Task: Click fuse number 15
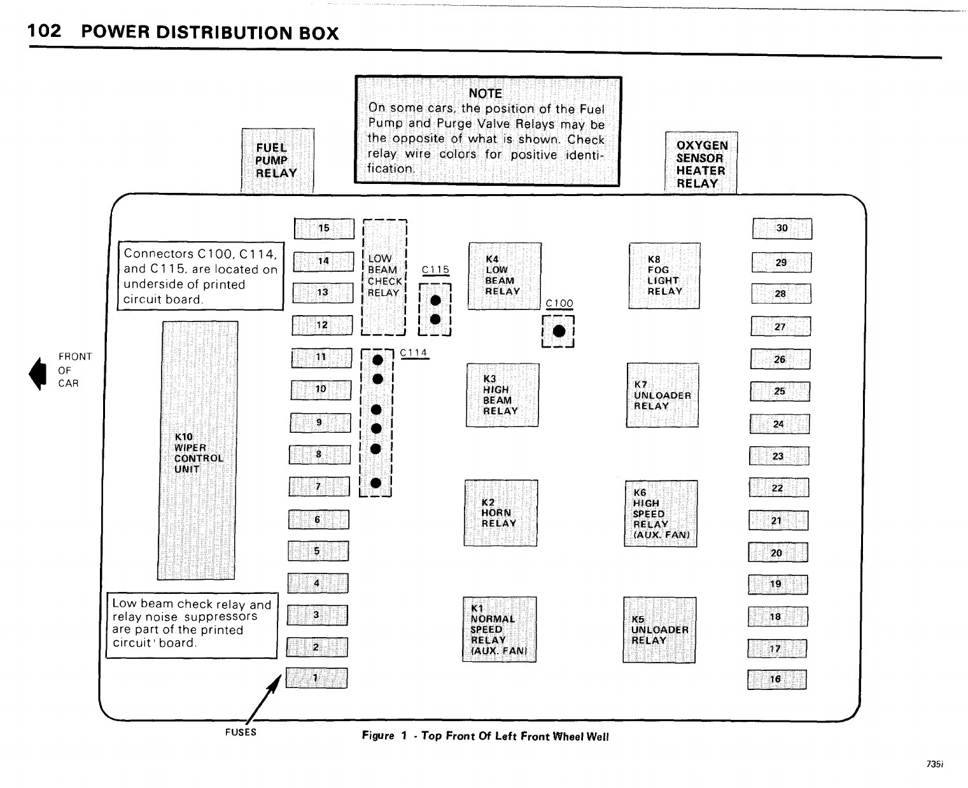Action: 324,229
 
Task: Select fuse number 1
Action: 316,678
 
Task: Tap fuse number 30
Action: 782,229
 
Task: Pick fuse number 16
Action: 776,679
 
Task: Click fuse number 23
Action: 779,456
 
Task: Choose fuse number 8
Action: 319,454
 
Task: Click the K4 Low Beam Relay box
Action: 505,276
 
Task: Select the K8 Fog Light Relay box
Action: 664,276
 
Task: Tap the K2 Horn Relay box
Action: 502,513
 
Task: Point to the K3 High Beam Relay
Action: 503,395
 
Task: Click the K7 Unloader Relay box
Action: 663,395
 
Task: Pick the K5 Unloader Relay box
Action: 659,630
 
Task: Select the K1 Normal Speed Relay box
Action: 500,630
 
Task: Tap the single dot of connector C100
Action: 559,331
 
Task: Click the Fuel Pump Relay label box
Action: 277,160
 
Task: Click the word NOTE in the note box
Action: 485,93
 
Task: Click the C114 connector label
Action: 414,353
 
